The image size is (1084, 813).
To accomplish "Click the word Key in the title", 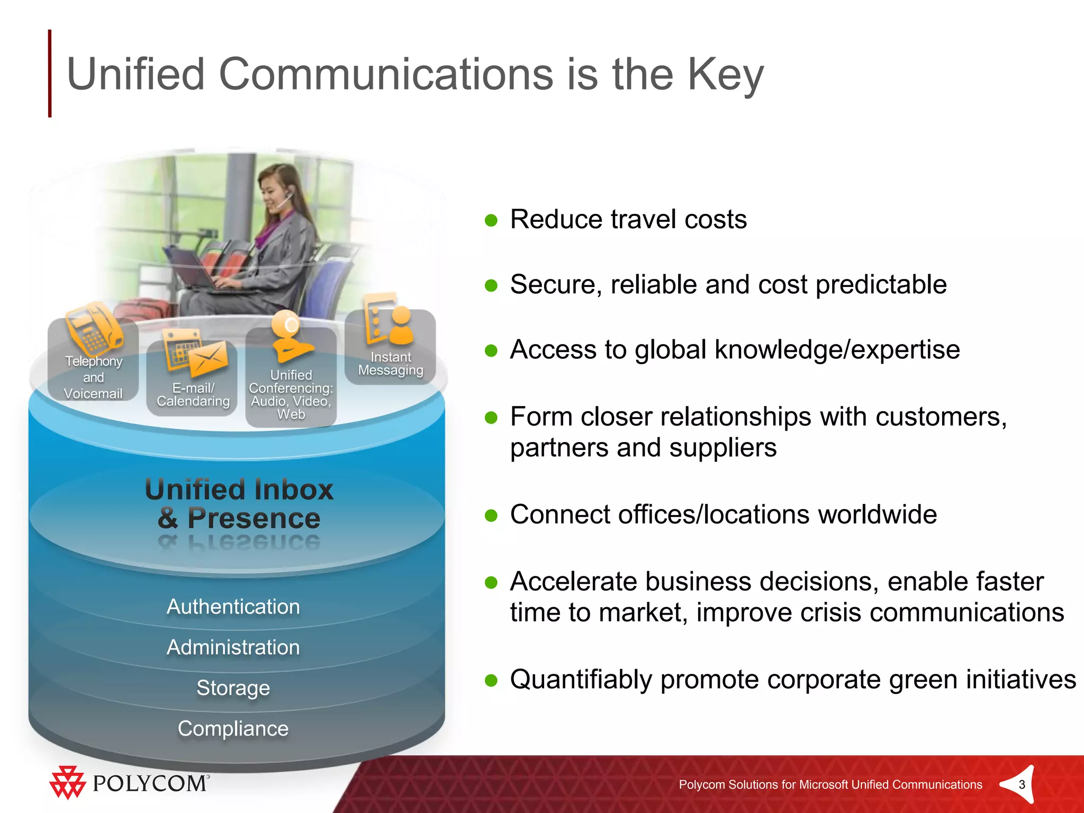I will tap(725, 75).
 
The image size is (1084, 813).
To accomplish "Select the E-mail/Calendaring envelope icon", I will tap(207, 360).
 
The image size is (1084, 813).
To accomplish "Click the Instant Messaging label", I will tap(391, 364).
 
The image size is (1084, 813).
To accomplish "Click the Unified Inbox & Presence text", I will tap(239, 503).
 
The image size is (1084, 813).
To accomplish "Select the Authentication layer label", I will tap(233, 607).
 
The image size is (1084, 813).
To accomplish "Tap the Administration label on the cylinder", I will tap(233, 647).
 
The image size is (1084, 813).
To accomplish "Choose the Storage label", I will tap(233, 688).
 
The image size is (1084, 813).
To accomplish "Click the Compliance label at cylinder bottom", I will tap(233, 728).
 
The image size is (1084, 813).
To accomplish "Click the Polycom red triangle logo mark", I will tap(67, 782).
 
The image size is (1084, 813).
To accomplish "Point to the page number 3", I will tap(1022, 784).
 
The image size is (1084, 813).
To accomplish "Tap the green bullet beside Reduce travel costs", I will tap(491, 220).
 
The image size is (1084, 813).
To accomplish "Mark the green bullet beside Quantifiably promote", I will tap(491, 680).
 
